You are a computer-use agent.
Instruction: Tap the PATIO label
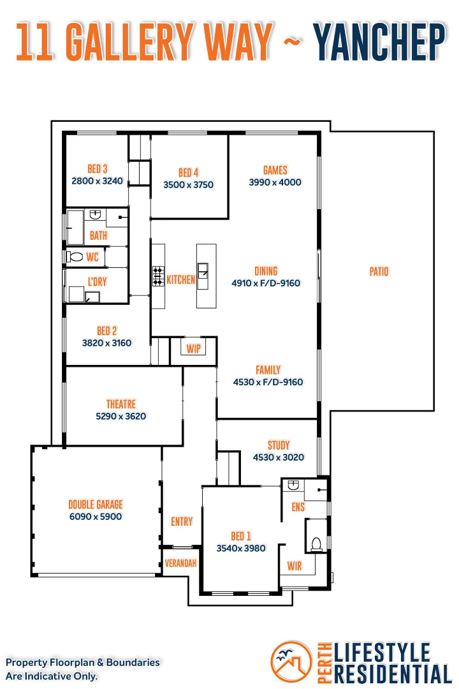pos(379,272)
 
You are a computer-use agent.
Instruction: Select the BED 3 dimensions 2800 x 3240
pos(97,181)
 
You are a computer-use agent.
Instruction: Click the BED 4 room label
pos(189,173)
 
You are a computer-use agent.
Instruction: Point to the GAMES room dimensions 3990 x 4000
pos(275,182)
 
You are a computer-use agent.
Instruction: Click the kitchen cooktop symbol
pos(158,276)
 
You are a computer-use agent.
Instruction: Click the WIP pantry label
pos(193,349)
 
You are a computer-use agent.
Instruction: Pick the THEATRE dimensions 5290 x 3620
pos(120,416)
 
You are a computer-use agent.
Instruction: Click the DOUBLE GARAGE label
pos(96,505)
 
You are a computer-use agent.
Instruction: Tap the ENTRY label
pos(182,522)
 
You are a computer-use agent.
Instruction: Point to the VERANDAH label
pos(180,563)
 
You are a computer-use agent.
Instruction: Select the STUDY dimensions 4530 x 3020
pos(279,457)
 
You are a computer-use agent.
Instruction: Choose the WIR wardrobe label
pos(295,566)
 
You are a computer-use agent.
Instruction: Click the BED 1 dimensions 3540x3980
pos(241,548)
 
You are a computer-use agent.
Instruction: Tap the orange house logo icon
pos(291,662)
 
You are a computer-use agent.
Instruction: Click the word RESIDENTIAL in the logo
pos(393,674)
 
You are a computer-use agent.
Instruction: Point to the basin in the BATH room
pos(96,214)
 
